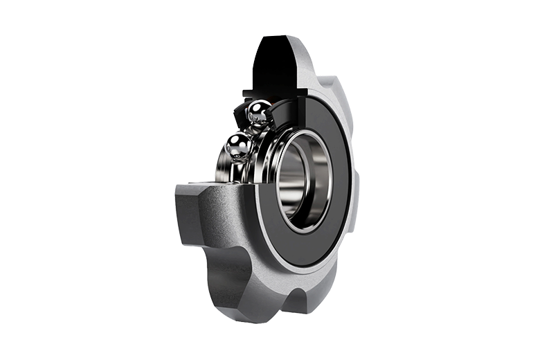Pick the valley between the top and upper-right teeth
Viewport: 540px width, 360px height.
[x=321, y=82]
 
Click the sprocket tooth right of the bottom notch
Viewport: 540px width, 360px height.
[x=325, y=291]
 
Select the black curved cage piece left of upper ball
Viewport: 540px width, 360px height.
[x=239, y=114]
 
